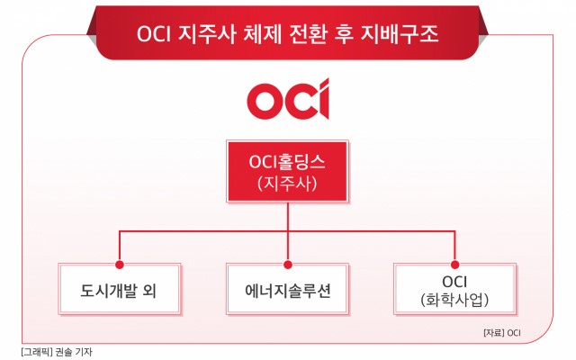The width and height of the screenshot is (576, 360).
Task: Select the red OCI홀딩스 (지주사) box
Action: pyautogui.click(x=288, y=172)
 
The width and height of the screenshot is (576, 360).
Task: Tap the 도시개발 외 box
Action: pyautogui.click(x=120, y=289)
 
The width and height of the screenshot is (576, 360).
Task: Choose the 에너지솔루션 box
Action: pyautogui.click(x=288, y=289)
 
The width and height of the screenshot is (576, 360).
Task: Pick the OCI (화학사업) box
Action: pyautogui.click(x=454, y=289)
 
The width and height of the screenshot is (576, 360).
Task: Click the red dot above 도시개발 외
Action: pyautogui.click(x=120, y=265)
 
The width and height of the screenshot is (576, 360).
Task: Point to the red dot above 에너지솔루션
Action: pyautogui.click(x=288, y=265)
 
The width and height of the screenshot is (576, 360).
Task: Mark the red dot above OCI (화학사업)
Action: pyautogui.click(x=454, y=265)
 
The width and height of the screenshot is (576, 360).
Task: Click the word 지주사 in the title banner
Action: pyautogui.click(x=206, y=34)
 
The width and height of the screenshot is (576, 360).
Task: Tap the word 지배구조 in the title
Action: pyautogui.click(x=400, y=34)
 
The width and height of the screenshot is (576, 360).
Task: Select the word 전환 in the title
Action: pyautogui.click(x=308, y=34)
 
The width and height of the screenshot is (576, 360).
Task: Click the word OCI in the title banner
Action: pyautogui.click(x=154, y=34)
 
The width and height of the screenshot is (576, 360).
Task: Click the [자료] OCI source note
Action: pyautogui.click(x=502, y=333)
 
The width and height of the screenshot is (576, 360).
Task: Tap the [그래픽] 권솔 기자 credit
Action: pyautogui.click(x=57, y=352)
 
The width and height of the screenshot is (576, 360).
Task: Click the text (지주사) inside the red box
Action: pyautogui.click(x=287, y=184)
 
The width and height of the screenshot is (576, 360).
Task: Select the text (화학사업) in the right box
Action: pyautogui.click(x=454, y=300)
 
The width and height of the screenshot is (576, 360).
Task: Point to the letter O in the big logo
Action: pyautogui.click(x=264, y=102)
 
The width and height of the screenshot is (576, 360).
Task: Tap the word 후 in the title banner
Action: pyautogui.click(x=344, y=34)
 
